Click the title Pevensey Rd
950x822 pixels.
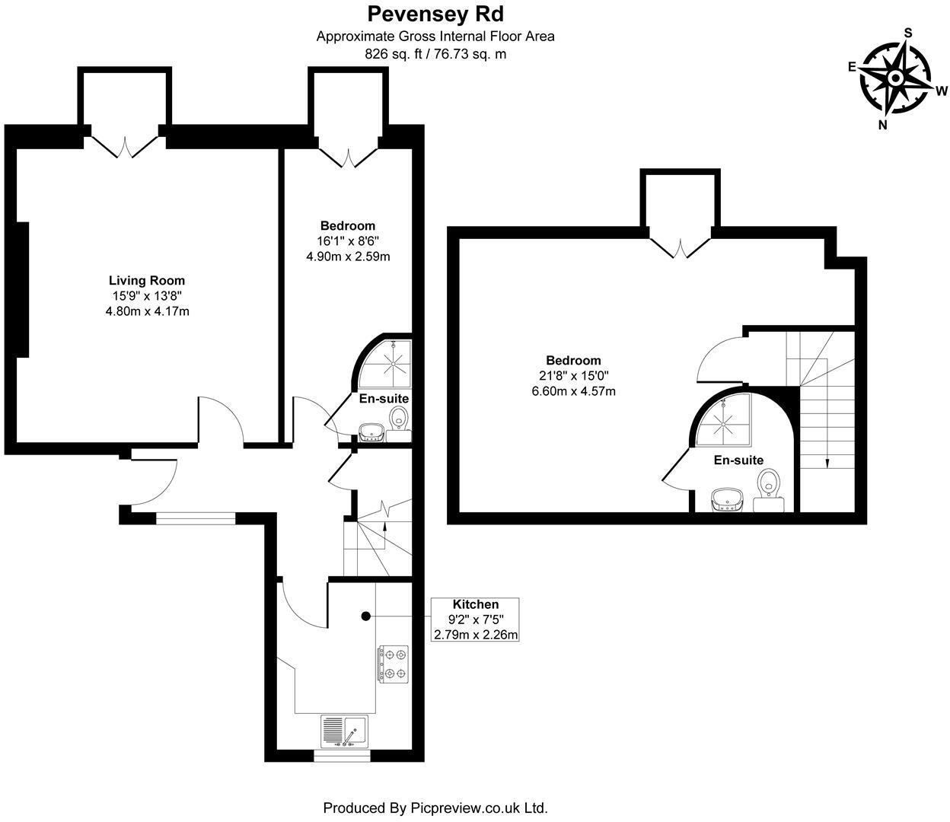click(435, 14)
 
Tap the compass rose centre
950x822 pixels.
click(896, 78)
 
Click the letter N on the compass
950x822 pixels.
click(883, 126)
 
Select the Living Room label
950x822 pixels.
click(147, 280)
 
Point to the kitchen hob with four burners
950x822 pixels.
click(393, 662)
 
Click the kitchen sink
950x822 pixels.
click(344, 732)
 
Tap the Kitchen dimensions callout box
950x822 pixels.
click(476, 620)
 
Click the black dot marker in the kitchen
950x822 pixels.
click(365, 616)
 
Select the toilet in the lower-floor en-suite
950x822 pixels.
click(399, 420)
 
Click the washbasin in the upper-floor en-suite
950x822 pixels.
click(728, 499)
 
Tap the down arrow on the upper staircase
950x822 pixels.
click(827, 460)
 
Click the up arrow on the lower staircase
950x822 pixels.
click(385, 527)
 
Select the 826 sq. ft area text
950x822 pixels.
click(435, 54)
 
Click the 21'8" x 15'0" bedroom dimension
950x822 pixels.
click(572, 376)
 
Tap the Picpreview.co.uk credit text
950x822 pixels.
click(435, 808)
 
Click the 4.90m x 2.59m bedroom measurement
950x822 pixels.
click(348, 256)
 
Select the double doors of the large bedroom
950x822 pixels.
click(680, 247)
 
